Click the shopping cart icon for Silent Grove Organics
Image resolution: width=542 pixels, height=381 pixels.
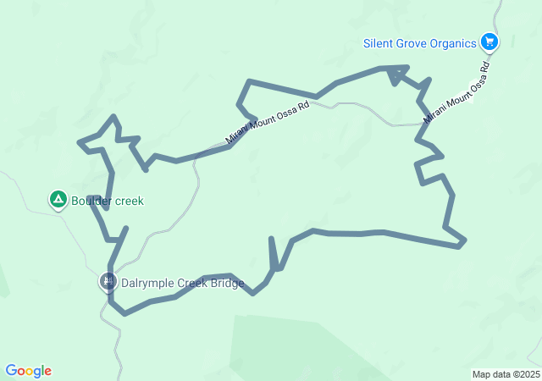coord(489,41)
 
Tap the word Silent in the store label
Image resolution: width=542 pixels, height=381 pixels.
coord(379,42)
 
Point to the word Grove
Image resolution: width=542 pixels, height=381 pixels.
coord(414,42)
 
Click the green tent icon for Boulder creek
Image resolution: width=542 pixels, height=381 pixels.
coord(58,200)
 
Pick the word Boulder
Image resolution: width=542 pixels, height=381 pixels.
coord(91,201)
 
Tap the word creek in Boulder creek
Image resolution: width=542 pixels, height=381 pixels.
coord(130,201)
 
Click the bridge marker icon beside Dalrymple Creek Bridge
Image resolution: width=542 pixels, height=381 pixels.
coord(108,281)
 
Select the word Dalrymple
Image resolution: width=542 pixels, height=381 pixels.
coord(147,283)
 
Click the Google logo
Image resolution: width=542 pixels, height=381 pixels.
coord(29,371)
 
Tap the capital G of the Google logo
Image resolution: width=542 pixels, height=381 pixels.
coord(11,371)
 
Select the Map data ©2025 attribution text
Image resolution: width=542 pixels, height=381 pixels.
coord(506,374)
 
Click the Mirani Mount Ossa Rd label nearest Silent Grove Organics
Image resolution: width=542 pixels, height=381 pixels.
coord(458,91)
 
